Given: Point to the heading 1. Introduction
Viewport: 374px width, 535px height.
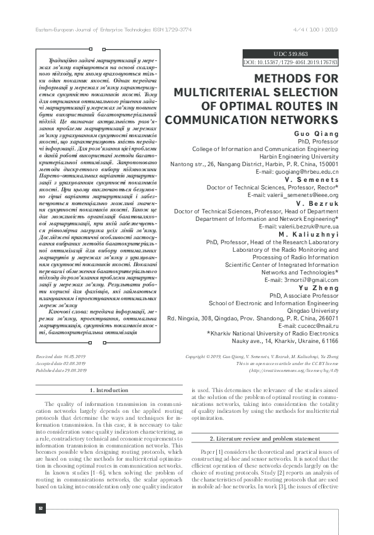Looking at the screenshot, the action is click(x=101, y=391).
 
